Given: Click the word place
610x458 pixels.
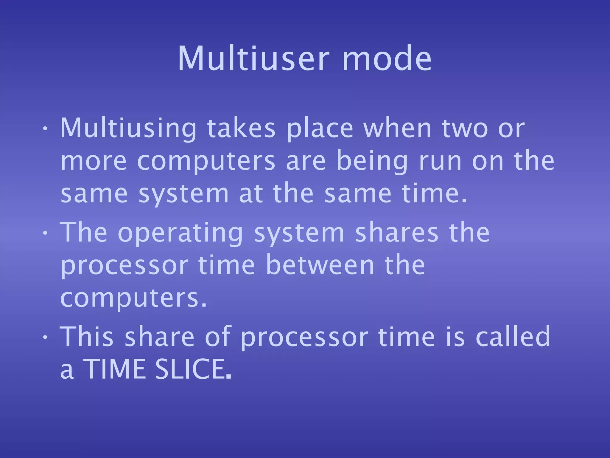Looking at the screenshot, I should tap(320, 129).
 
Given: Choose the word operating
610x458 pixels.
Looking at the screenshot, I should tap(181, 233).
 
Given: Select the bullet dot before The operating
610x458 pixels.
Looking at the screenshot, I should tap(45, 233).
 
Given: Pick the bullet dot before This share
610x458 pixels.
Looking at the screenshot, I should tap(45, 337).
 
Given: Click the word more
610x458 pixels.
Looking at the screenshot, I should tap(94, 162).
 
